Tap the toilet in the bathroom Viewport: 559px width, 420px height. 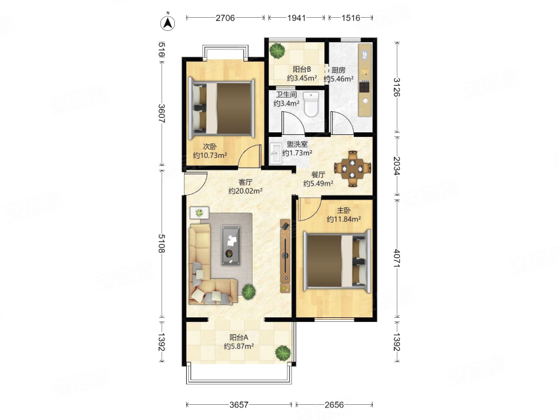pyautogui.click(x=311, y=104)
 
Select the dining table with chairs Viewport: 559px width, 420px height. pyautogui.click(x=353, y=169)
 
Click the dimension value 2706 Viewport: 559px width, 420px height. pyautogui.click(x=225, y=18)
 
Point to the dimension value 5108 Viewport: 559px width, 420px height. pyautogui.click(x=162, y=244)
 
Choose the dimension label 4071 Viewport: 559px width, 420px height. pyautogui.click(x=397, y=258)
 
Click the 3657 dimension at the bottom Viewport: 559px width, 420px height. pyautogui.click(x=239, y=404)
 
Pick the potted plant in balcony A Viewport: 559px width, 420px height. pyautogui.click(x=283, y=353)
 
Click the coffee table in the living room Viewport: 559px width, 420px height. pyautogui.click(x=230, y=246)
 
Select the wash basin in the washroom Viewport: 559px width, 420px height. pyautogui.click(x=276, y=153)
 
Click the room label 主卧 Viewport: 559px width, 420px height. pyautogui.click(x=344, y=211)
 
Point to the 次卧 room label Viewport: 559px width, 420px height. pyautogui.click(x=210, y=147)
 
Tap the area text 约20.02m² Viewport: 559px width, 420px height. pyautogui.click(x=245, y=191)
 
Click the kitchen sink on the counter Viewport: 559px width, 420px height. pyautogui.click(x=365, y=55)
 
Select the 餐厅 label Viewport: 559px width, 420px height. pyautogui.click(x=318, y=174)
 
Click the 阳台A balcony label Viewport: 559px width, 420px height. pyautogui.click(x=239, y=337)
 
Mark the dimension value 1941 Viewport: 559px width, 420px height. pyautogui.click(x=296, y=18)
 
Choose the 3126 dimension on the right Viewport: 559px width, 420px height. pyautogui.click(x=397, y=87)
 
